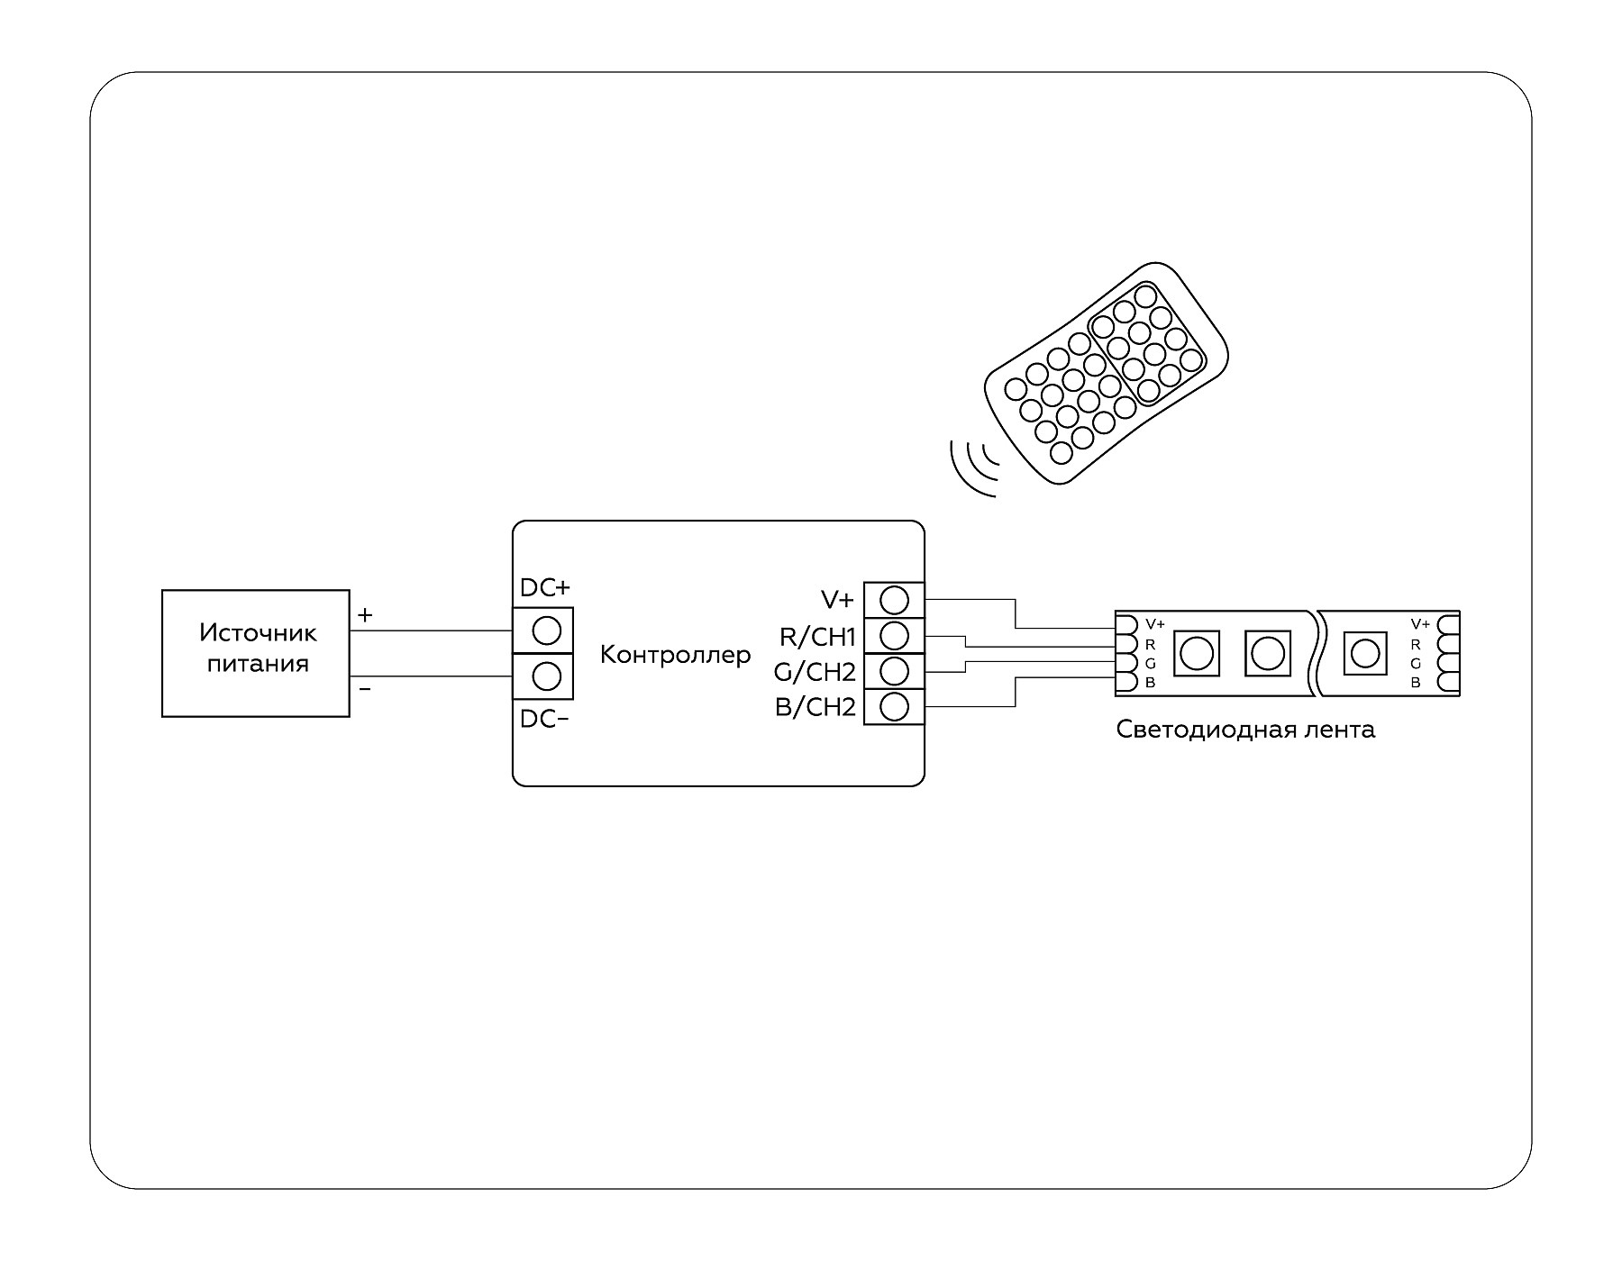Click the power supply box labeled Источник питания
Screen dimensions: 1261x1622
click(x=256, y=653)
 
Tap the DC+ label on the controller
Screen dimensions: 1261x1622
click(x=545, y=588)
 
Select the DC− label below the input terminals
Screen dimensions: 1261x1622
click(x=545, y=719)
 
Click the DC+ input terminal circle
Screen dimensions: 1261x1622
click(x=546, y=630)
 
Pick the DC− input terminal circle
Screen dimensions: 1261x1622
click(x=546, y=676)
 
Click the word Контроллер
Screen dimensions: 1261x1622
click(x=675, y=655)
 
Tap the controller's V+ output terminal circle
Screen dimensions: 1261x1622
click(x=893, y=600)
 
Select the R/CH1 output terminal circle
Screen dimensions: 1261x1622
click(x=893, y=636)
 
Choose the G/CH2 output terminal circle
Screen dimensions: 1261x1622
click(x=893, y=671)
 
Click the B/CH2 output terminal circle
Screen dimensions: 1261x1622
click(x=893, y=707)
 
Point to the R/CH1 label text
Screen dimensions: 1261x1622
click(x=817, y=638)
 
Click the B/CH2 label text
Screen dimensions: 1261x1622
click(x=816, y=708)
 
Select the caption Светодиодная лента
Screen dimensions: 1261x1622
click(x=1245, y=730)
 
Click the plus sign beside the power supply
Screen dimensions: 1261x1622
click(x=365, y=616)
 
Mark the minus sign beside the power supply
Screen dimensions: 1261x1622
click(x=365, y=689)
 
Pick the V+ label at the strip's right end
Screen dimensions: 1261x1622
click(x=1420, y=623)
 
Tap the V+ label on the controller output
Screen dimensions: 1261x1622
click(x=837, y=600)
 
